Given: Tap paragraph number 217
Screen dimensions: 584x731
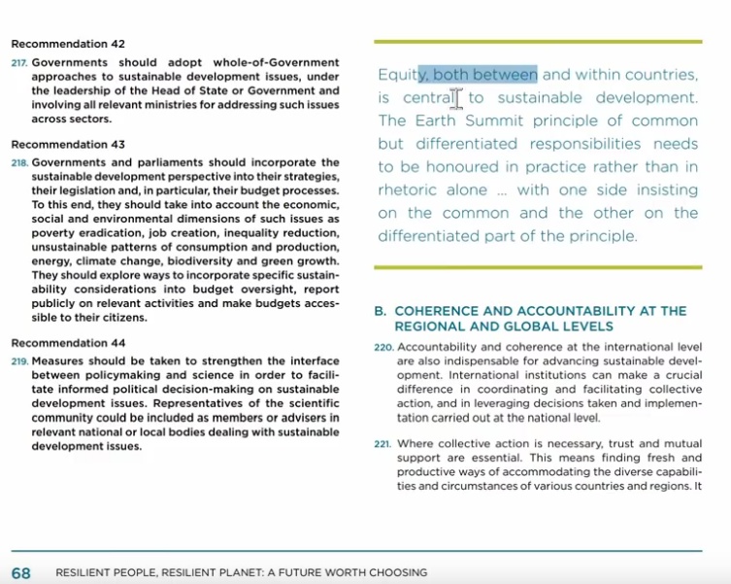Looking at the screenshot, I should (x=19, y=63).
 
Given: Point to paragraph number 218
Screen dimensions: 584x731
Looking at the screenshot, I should (x=19, y=163).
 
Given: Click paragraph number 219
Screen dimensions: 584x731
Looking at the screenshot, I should (x=19, y=362).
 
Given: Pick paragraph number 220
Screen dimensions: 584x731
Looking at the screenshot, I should (x=384, y=348).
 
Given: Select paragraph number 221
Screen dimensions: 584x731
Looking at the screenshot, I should (x=383, y=445).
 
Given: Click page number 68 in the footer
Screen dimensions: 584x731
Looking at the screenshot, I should (x=21, y=573).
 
